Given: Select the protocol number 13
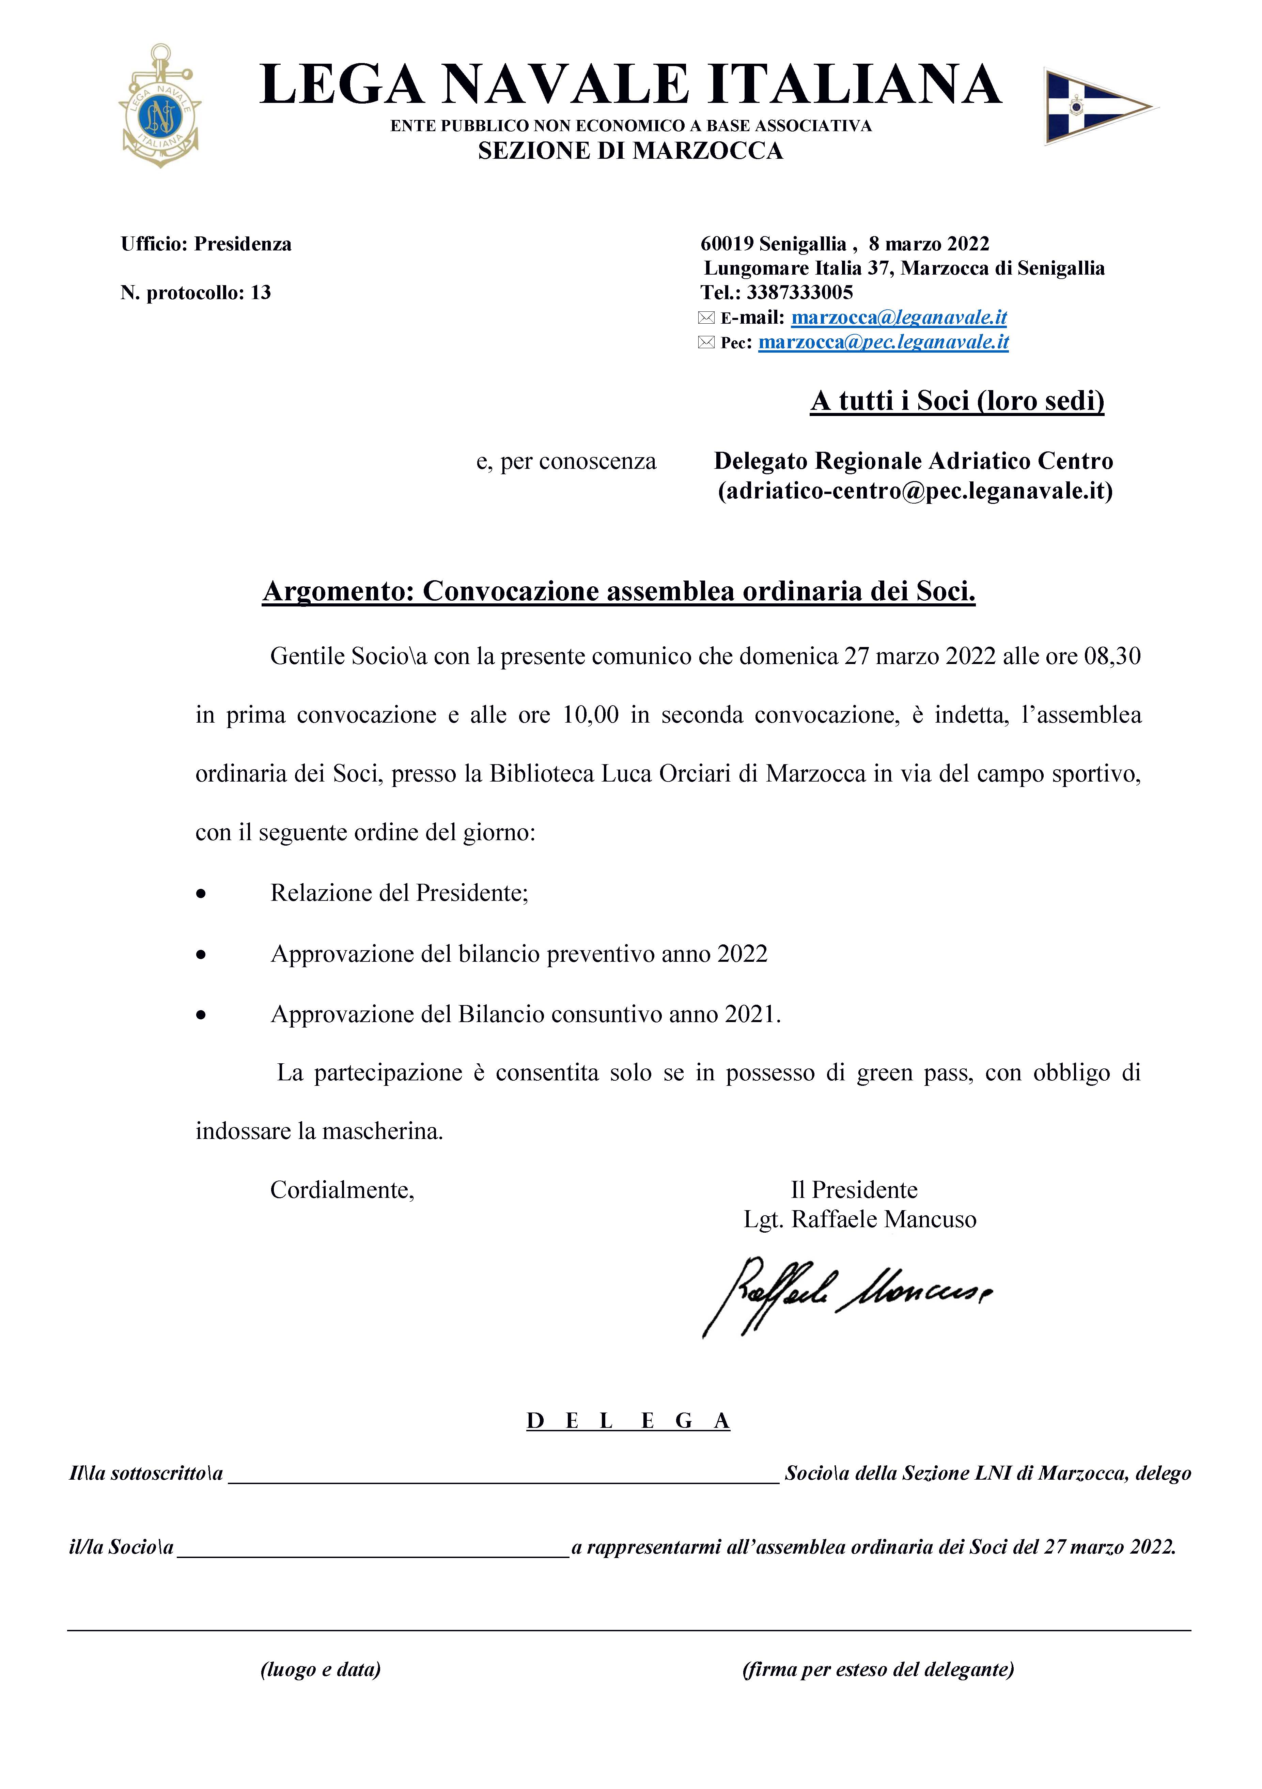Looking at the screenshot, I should point(261,293).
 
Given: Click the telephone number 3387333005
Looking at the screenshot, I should point(799,293).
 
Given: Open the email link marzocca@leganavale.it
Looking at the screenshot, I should point(899,318).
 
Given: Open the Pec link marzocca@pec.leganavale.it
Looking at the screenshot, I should point(884,342).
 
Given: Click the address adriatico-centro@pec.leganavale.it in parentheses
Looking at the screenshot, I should point(915,491).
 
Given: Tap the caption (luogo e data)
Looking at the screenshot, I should point(320,1669).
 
